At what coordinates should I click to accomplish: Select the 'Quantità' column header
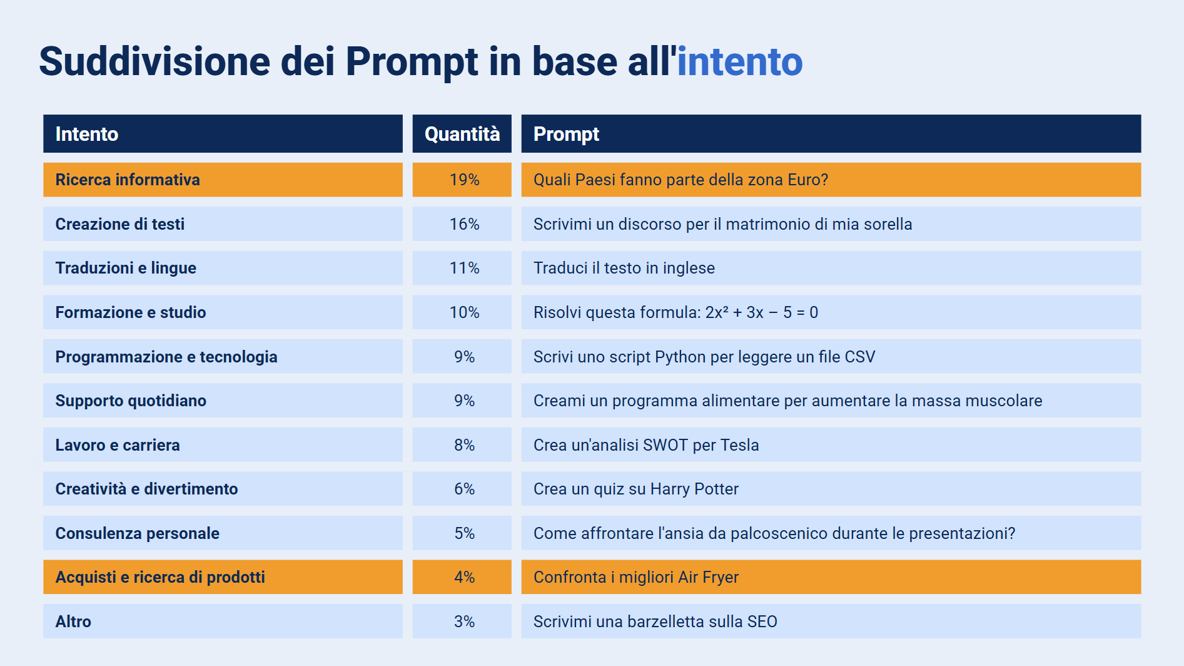click(x=462, y=134)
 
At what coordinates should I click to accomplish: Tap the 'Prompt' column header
click(x=566, y=134)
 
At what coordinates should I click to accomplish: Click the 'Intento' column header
click(x=86, y=134)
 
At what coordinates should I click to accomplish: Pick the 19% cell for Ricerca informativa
click(x=464, y=180)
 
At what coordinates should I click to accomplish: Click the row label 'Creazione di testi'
click(x=119, y=224)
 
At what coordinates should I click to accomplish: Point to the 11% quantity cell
click(x=464, y=268)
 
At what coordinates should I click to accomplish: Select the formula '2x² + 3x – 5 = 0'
click(x=761, y=312)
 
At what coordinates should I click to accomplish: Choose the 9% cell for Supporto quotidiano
click(x=464, y=401)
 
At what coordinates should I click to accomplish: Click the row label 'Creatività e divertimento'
click(x=146, y=489)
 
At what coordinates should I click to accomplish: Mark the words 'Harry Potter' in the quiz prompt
click(x=694, y=489)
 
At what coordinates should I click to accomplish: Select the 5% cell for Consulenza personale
click(x=464, y=533)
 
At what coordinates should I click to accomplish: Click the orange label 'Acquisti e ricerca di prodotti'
click(x=160, y=577)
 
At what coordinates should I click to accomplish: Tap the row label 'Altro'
click(x=73, y=622)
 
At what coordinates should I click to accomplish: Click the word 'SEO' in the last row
click(x=762, y=622)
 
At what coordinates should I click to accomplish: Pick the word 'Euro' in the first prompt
click(x=802, y=180)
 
